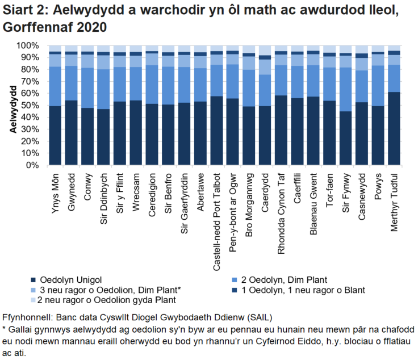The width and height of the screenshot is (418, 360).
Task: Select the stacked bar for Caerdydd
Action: pos(265,108)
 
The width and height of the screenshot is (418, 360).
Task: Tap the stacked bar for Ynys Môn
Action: pos(56,108)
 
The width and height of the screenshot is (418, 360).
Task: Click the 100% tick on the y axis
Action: pos(28,45)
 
